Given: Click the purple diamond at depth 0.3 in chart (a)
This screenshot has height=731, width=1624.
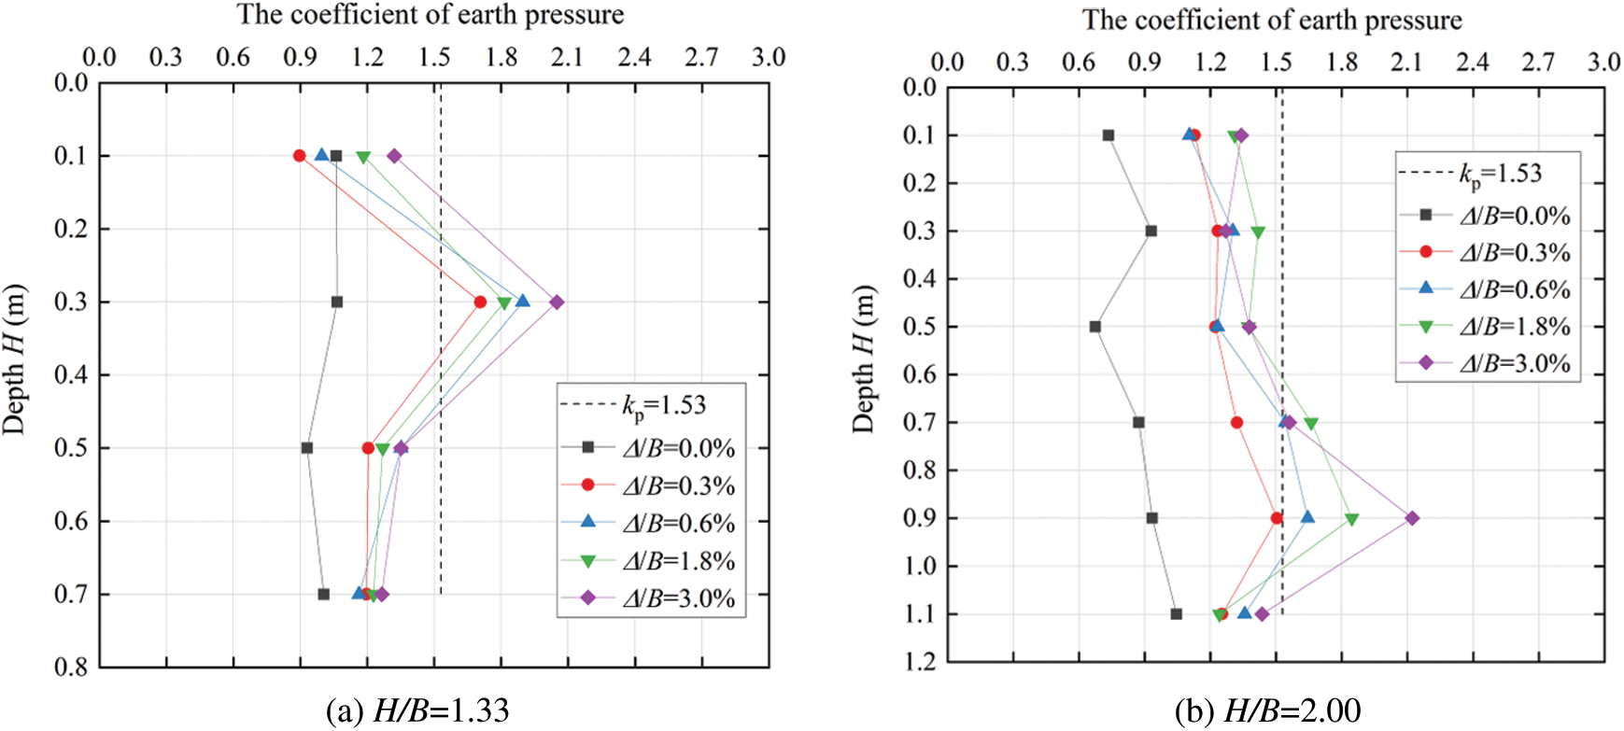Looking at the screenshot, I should pos(557,302).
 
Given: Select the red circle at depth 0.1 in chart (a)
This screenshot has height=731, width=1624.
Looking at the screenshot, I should pos(300,156).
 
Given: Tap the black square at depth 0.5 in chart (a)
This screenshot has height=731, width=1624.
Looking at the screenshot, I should pos(307,448).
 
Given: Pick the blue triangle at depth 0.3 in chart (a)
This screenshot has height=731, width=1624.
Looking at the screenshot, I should pos(523,301).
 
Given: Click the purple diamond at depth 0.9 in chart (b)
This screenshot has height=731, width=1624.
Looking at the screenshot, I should pos(1412,518).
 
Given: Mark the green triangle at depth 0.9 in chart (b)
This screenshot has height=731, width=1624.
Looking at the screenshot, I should pos(1351,519).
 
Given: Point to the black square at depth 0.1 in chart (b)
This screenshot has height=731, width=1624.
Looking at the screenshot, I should pos(1109,135).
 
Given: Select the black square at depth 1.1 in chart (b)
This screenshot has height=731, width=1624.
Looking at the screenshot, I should pos(1176,614).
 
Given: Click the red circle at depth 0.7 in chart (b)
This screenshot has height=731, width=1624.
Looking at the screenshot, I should pos(1236,423).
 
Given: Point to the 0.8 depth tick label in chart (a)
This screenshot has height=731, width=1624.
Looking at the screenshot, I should pos(69,668).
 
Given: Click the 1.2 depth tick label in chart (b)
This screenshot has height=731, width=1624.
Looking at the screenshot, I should pos(918,662).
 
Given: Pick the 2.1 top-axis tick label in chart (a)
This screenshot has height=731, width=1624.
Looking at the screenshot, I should pos(567,57).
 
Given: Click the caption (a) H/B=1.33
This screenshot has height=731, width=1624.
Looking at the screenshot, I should pos(417,711).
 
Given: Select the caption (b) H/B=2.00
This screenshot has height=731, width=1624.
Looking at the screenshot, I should pos(1266,711).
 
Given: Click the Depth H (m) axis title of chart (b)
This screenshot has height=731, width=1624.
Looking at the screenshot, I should pos(864,359).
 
